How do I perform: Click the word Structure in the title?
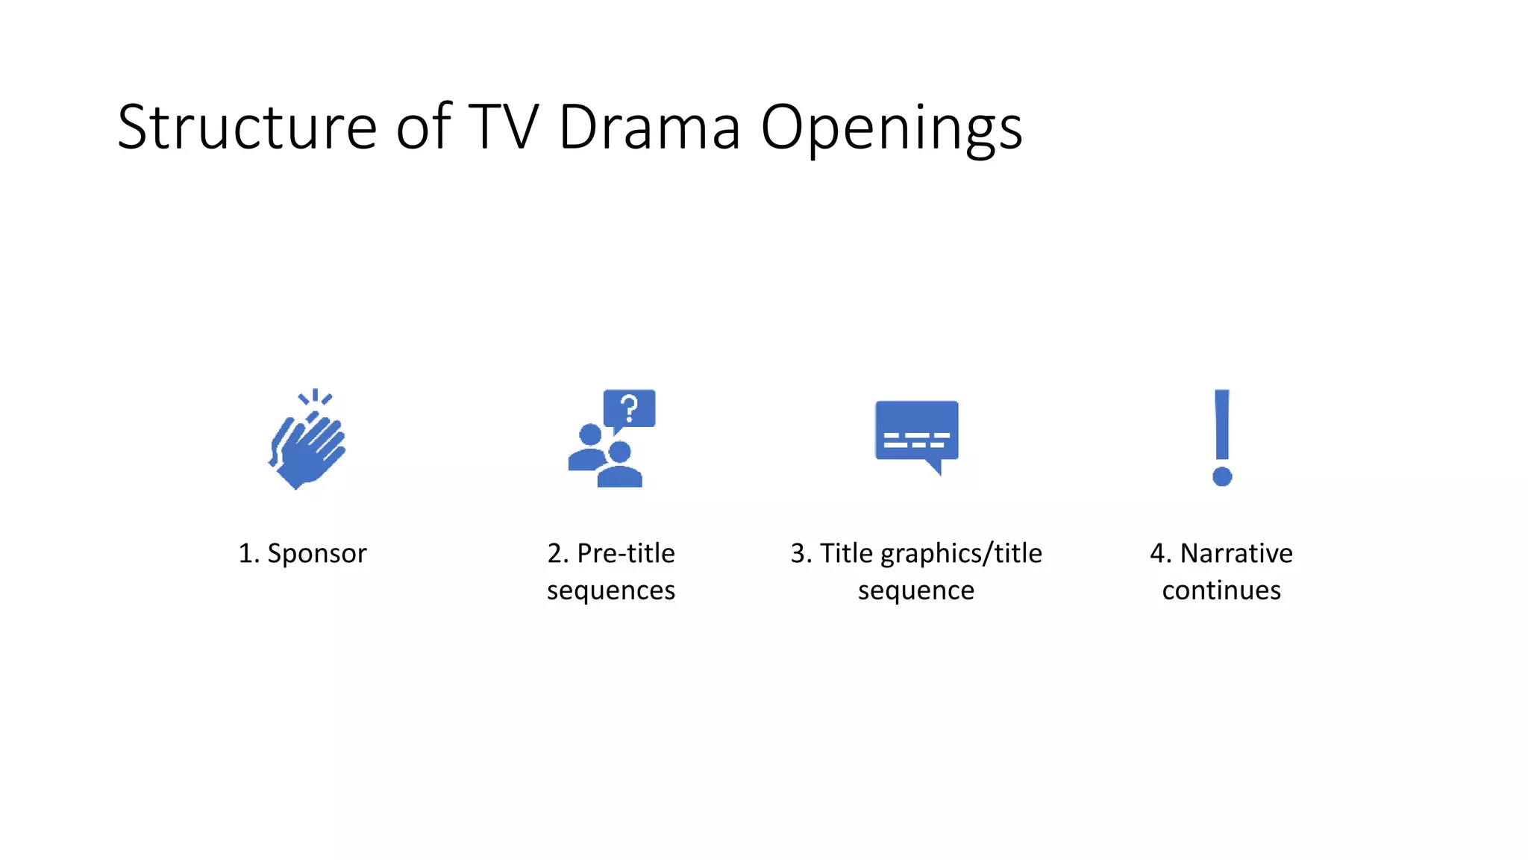coord(247,128)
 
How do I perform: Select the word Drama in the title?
coord(649,128)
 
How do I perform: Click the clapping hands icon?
coord(307,440)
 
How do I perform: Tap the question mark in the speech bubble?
coord(630,408)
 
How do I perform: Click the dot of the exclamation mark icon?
coord(1222,476)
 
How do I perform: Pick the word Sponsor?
coord(317,554)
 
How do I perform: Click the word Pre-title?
coord(626,553)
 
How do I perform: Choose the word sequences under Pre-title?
coord(611,591)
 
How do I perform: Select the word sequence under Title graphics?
coord(916,591)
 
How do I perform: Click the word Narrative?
coord(1236,553)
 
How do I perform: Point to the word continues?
coord(1221,591)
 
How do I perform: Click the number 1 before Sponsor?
coord(245,554)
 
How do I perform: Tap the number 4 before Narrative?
coord(1159,554)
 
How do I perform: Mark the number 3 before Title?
coord(798,554)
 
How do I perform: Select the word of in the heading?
coord(424,128)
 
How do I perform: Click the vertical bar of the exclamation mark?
coord(1222,424)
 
